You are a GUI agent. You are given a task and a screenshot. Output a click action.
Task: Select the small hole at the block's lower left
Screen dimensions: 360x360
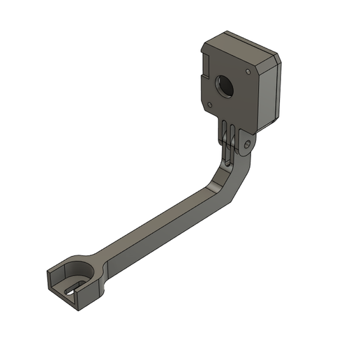pyautogui.click(x=207, y=103)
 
